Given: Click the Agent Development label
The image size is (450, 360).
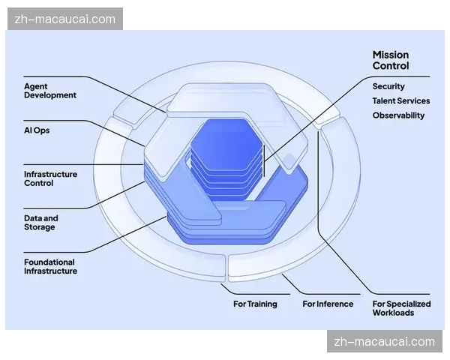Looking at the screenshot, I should tap(50, 91).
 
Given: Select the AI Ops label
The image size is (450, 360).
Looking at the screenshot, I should tap(37, 130).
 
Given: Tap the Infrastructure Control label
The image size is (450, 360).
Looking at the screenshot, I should tap(50, 178).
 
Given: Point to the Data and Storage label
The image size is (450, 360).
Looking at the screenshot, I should tap(40, 223).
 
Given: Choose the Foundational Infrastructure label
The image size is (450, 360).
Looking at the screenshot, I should tap(50, 266).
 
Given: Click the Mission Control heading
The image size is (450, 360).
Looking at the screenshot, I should tap(391, 60).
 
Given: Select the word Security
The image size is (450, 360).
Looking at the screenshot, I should tap(388, 86).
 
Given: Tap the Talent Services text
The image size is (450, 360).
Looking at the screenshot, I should tap(401, 100).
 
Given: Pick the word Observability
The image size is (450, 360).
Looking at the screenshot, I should tap(398, 115).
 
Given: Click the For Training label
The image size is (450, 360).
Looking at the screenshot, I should tap(255, 304).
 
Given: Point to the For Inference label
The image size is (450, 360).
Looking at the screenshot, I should tap(328, 304).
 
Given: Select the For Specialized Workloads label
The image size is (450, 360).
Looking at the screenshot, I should tap(401, 307).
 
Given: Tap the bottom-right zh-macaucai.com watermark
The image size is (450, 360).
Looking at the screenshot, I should tap(384, 342).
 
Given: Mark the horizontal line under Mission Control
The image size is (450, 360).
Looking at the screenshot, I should tap(401, 76).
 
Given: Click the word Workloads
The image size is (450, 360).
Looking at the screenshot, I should tap(393, 312).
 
